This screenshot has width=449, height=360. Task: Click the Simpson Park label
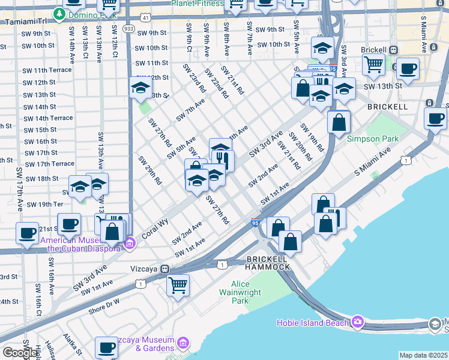pyautogui.click(x=373, y=139)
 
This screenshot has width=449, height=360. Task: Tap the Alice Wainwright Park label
pyautogui.click(x=249, y=292)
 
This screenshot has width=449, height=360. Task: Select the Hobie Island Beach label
pyautogui.click(x=312, y=323)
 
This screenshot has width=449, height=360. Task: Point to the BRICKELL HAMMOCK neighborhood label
pyautogui.click(x=268, y=263)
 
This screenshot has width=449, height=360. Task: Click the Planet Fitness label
pyautogui.click(x=197, y=4)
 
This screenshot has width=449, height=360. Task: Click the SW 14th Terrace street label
pyautogui.click(x=48, y=118)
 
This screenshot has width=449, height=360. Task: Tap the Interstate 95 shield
pyautogui.click(x=255, y=223)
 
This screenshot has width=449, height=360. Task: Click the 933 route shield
pyautogui.click(x=128, y=28)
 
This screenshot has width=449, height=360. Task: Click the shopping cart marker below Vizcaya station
pyautogui.click(x=178, y=286)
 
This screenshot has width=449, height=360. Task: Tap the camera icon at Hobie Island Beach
pyautogui.click(x=358, y=322)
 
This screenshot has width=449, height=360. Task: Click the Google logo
pyautogui.click(x=20, y=353)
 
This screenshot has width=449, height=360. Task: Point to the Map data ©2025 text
pyautogui.click(x=424, y=355)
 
